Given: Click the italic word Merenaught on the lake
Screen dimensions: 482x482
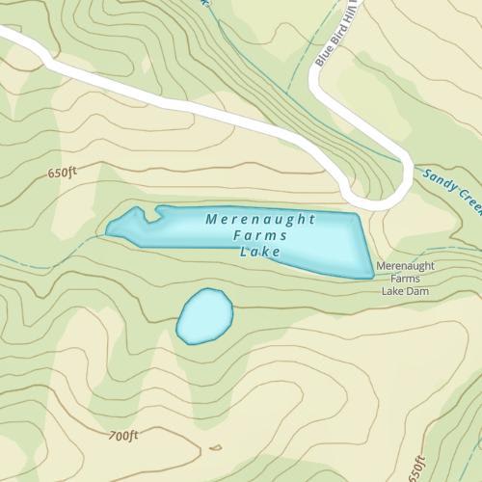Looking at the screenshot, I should (260, 220).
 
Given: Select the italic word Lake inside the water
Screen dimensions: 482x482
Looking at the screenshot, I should (258, 252).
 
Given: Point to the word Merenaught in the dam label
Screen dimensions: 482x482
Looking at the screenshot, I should (405, 265).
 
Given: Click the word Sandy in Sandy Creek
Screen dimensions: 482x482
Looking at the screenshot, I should (434, 177).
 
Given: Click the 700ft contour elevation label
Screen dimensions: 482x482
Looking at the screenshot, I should (123, 436).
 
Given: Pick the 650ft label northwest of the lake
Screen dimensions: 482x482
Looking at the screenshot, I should (60, 174).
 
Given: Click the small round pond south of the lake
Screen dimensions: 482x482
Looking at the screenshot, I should (204, 315).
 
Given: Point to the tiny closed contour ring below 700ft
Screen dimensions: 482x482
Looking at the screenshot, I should (214, 447).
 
